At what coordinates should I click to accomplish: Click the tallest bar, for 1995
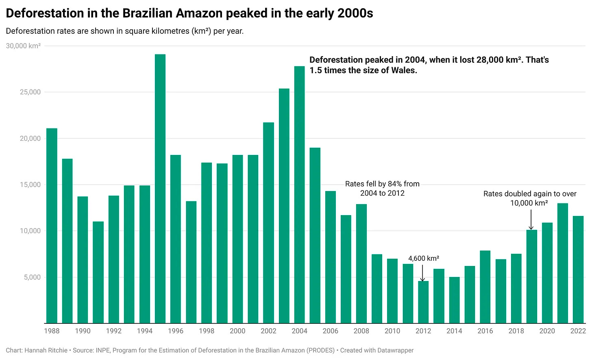point(160,189)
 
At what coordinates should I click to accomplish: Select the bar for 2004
point(299,195)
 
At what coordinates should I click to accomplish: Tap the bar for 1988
point(52,226)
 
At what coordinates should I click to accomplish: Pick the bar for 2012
point(423,302)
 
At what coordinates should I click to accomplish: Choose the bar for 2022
point(578,270)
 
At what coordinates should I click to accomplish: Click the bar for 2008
point(361,264)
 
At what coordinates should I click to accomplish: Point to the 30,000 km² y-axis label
point(23,46)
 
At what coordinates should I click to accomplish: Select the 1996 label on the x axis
point(176,331)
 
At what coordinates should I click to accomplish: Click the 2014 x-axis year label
point(454,331)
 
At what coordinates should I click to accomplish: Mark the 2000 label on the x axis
point(237,331)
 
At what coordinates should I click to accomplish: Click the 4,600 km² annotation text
point(423,259)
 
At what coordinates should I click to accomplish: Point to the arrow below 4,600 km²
point(423,273)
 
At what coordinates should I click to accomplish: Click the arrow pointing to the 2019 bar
point(531,220)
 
